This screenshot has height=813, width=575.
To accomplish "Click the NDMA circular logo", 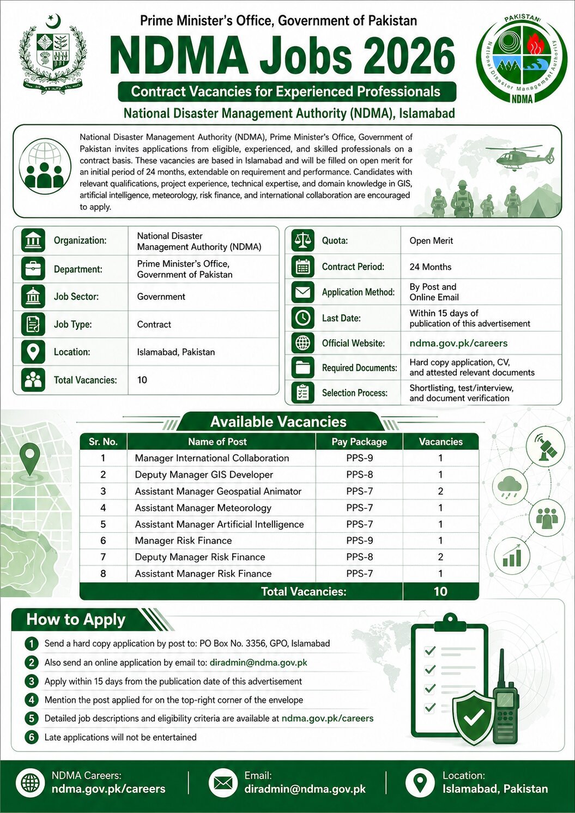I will tap(522, 58).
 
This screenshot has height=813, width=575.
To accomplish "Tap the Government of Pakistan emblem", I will tap(53, 55).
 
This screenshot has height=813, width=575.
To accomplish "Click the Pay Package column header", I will tap(359, 442).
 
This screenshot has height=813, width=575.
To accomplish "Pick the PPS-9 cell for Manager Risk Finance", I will tap(359, 540).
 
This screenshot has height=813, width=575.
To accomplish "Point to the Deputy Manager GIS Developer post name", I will tap(204, 474).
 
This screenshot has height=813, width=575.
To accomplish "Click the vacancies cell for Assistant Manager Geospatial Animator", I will tap(440, 491).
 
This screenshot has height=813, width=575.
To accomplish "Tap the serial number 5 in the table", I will tap(103, 524).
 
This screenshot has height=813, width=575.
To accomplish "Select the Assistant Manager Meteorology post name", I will tap(203, 508).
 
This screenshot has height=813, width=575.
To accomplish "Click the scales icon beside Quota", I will tap(302, 240).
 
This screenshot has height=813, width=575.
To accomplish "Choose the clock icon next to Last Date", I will tap(302, 318).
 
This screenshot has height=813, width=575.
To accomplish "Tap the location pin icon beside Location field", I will tap(33, 352).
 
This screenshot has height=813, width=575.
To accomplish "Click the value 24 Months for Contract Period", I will tap(431, 267).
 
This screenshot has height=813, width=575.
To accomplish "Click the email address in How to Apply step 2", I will tap(258, 663).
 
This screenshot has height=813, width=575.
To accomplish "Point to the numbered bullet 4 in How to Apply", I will tap(32, 700).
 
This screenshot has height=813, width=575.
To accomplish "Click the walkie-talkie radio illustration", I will tap(505, 703).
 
